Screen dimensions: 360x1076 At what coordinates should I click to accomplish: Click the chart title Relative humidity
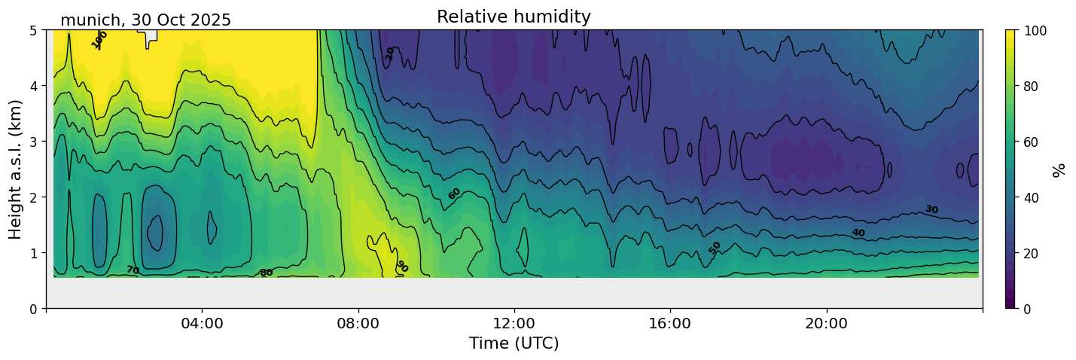click(514, 17)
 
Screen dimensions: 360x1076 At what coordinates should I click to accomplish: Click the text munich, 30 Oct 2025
click(145, 20)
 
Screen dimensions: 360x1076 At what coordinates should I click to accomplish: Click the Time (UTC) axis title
click(514, 343)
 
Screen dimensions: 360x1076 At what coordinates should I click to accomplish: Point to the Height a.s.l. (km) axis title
click(16, 169)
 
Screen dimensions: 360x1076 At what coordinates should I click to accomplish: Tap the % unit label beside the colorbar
click(1059, 169)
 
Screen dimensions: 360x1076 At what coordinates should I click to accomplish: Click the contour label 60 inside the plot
click(454, 194)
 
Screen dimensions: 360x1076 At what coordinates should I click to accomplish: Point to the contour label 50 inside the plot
click(715, 248)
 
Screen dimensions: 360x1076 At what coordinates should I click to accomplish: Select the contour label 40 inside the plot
click(858, 233)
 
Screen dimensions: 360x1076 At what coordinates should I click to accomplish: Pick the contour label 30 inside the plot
click(931, 209)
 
